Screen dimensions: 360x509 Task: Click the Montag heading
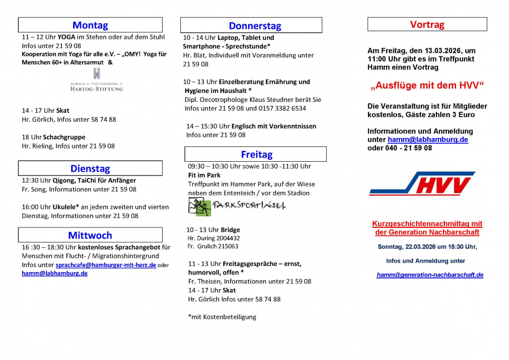[90, 25]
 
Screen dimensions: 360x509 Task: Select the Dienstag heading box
[90, 169]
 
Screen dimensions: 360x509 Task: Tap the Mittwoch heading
[90, 235]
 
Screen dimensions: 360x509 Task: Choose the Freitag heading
[256, 154]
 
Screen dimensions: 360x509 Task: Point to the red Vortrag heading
[427, 24]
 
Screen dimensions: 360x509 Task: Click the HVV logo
[422, 183]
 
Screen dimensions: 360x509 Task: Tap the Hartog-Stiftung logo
[96, 81]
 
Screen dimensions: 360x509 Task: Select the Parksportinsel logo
[237, 206]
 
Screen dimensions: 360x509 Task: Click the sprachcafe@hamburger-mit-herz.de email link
[105, 265]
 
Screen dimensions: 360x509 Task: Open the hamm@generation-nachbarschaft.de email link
[429, 275]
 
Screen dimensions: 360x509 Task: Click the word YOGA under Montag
[66, 37]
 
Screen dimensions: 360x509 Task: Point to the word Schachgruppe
[64, 137]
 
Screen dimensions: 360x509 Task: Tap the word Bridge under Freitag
[231, 230]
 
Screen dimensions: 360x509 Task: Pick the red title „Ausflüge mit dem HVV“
[427, 86]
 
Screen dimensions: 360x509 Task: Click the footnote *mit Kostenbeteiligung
[222, 317]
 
